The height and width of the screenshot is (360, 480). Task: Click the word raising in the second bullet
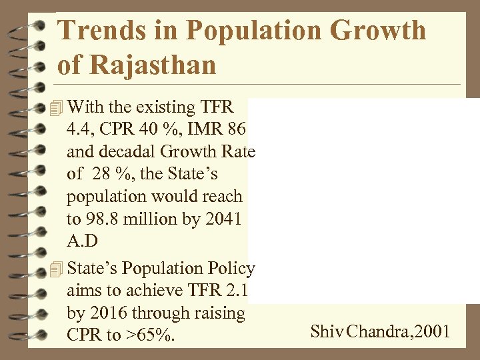tap(218, 313)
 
